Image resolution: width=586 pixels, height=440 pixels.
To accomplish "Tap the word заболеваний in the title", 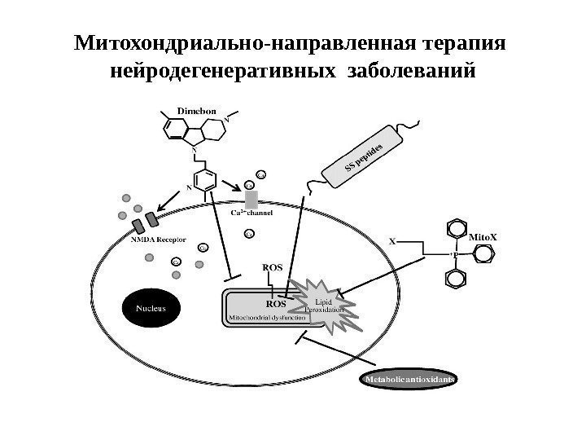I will coord(410,73).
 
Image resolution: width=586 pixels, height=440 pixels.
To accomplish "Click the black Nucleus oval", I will coord(151,308).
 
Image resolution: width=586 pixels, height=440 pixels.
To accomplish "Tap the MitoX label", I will coord(483,237).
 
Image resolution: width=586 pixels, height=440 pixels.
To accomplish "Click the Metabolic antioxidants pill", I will coord(408,380).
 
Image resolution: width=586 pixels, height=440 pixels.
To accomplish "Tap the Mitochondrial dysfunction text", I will coord(269,317).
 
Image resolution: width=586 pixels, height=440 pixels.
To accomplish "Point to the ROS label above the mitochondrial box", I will coord(273,266).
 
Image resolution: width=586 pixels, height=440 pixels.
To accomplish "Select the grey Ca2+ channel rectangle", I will coord(251,198).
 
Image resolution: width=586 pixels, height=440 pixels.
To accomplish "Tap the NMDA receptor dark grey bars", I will coord(144,221).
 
